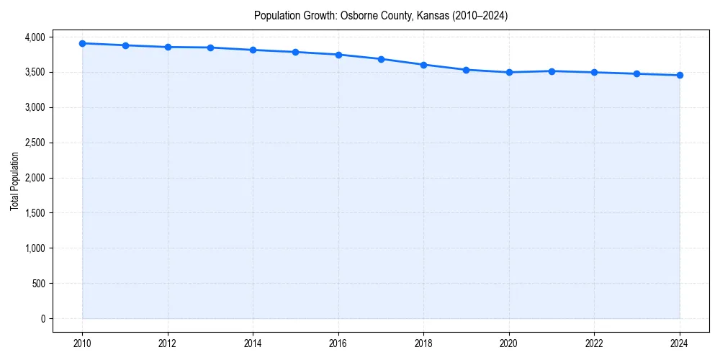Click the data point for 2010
point(83,43)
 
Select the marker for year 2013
point(210,48)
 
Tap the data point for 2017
point(381,59)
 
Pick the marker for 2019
point(467,70)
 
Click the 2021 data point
point(552,71)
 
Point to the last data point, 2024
point(680,75)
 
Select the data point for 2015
point(296,52)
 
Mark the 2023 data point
point(637,73)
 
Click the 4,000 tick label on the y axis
point(33,37)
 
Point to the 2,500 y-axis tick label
point(33,143)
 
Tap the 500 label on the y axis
point(37,284)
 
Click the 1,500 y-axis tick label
point(33,213)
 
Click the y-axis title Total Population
point(14,181)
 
